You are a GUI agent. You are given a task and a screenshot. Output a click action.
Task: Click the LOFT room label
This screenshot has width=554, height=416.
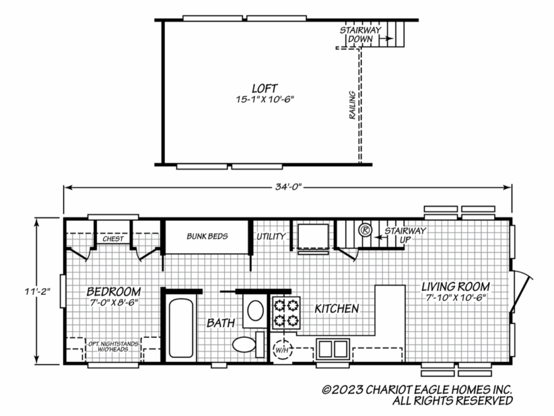[264, 88]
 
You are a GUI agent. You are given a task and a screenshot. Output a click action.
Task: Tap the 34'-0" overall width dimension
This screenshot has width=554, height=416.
[289, 187]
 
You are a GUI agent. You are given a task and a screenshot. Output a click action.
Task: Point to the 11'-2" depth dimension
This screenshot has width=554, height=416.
[37, 291]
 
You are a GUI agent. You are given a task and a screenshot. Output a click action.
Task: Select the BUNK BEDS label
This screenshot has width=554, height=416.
[207, 236]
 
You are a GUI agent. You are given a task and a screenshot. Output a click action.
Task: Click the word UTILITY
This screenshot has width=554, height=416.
[271, 236]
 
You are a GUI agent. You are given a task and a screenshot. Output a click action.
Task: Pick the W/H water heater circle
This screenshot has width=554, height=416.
[282, 350]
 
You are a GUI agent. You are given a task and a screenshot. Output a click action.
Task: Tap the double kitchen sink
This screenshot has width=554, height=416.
[333, 349]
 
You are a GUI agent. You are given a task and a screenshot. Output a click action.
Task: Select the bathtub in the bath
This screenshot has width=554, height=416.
[181, 328]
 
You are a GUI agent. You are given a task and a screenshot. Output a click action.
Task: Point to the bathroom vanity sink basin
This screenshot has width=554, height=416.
[256, 311]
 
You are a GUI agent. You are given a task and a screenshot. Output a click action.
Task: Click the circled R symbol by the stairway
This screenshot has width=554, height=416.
[365, 230]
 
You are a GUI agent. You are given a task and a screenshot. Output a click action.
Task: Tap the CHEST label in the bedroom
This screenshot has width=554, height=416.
[113, 239]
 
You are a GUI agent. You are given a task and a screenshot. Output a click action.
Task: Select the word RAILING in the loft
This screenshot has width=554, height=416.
[353, 105]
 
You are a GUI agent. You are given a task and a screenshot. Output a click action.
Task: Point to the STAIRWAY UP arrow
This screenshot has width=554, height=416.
[379, 238]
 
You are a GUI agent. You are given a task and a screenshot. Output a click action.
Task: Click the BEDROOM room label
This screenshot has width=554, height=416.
[114, 291]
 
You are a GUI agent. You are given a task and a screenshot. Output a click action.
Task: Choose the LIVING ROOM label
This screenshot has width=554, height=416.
[456, 287]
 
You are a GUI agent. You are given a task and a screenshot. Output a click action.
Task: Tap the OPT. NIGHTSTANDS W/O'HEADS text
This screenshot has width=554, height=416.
[113, 346]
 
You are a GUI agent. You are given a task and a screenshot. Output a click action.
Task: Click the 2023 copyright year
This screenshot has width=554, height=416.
[348, 390]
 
